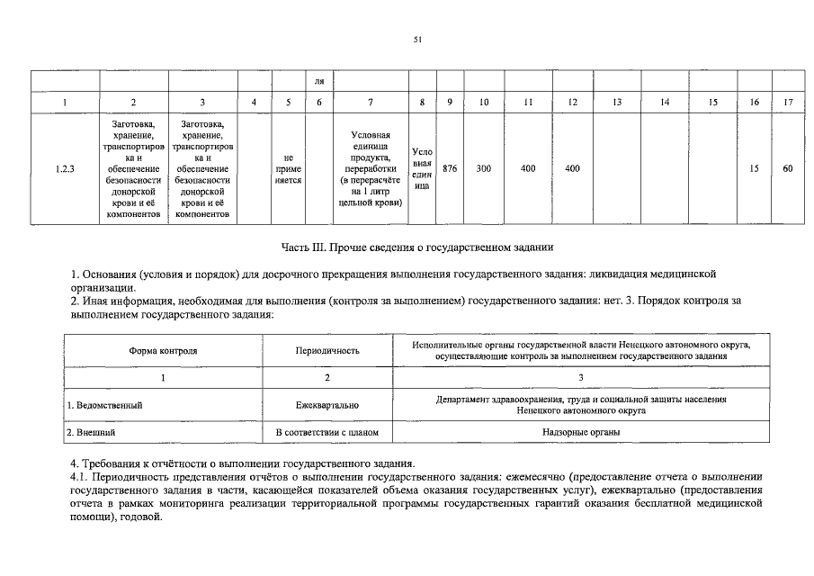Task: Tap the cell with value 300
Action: pyautogui.click(x=483, y=168)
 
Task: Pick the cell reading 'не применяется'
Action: pyautogui.click(x=288, y=168)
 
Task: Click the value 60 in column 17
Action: pyautogui.click(x=788, y=168)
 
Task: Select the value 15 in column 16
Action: pyautogui.click(x=754, y=168)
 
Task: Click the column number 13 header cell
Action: pyautogui.click(x=617, y=103)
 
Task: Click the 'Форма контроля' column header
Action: pyautogui.click(x=163, y=350)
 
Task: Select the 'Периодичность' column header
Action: pyautogui.click(x=327, y=350)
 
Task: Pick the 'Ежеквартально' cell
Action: pyautogui.click(x=327, y=405)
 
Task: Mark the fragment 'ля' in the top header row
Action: pyautogui.click(x=318, y=82)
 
